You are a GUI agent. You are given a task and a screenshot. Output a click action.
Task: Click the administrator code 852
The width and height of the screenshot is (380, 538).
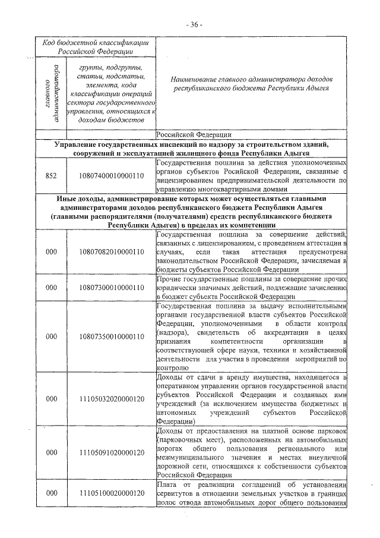pos(51,177)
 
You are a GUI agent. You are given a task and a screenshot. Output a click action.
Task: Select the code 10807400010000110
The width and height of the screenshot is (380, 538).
pos(111,177)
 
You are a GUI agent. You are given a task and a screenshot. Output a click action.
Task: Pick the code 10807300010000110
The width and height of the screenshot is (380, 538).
pos(111,288)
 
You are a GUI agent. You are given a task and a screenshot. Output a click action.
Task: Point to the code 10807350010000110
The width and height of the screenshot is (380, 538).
pos(111,336)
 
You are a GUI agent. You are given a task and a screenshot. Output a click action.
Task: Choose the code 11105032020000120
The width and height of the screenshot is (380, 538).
pos(111,398)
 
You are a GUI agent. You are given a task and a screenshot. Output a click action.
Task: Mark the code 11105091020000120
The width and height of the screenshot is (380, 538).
pos(111,453)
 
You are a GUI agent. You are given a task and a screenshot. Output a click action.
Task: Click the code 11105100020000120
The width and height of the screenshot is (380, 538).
pos(111,493)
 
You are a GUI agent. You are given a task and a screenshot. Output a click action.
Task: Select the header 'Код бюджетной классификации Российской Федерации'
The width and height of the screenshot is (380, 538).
pos(95,47)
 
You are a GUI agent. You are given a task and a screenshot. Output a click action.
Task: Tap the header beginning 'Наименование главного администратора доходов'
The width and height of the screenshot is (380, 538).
pos(251,83)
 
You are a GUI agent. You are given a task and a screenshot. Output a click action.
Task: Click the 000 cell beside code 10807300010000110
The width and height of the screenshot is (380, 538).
pos(51,288)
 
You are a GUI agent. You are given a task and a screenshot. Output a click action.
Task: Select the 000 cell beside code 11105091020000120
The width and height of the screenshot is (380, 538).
pos(51,453)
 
